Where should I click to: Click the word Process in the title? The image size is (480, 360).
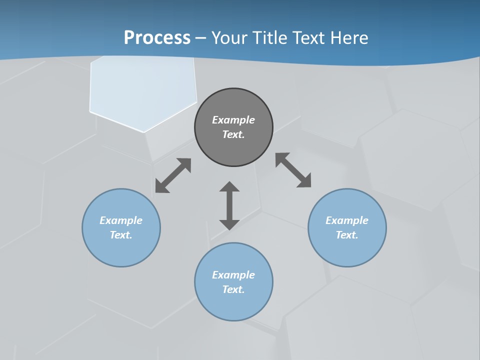157,38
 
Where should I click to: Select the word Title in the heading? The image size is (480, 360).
273,38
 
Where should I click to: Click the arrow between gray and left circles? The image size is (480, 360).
173,175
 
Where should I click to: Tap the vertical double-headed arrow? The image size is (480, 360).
229,205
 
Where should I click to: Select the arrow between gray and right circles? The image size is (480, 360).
293,170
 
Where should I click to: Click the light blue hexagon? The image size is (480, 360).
142,92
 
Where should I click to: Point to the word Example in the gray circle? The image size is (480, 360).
233,120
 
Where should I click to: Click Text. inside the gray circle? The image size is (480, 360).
233,134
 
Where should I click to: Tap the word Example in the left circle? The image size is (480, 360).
121,220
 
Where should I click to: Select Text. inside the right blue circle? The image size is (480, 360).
347,235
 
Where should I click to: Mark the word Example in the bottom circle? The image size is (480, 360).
233,275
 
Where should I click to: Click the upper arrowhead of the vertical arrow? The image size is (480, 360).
229,187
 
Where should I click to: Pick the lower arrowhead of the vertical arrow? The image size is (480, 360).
229,224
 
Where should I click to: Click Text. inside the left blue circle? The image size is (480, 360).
121,235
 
